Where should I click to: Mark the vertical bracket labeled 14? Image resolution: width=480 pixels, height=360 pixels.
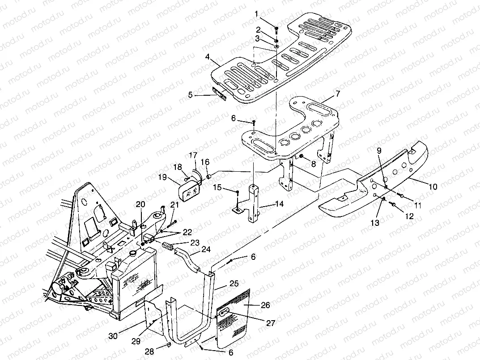coord(254,203)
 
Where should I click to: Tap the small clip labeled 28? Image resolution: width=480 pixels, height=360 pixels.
coord(169,345)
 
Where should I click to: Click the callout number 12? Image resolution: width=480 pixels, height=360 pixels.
coord(409,216)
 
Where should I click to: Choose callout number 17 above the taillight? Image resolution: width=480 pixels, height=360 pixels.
coord(192,156)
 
